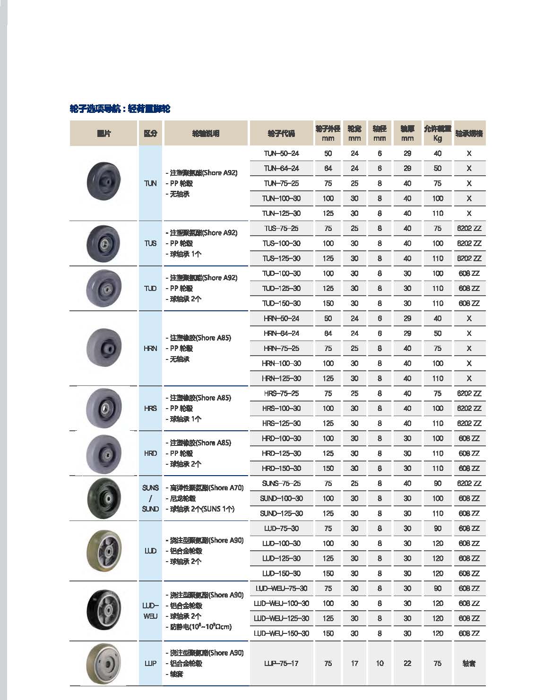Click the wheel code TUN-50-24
[281, 154]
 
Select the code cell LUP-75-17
[281, 663]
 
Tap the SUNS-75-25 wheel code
[281, 483]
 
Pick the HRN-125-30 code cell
[281, 378]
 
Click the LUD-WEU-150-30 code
[281, 633]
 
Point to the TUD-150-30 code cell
[281, 303]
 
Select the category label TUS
[150, 243]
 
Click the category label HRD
[150, 453]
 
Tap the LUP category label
[150, 663]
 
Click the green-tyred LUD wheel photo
[104, 551]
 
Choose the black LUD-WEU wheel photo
[104, 610]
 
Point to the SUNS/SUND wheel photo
[104, 498]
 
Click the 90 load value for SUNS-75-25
[438, 483]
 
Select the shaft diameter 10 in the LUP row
[380, 663]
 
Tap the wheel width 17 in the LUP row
[354, 663]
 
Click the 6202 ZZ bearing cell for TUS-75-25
[469, 228]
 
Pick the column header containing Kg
[438, 133]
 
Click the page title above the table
[120, 109]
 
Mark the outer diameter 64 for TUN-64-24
[328, 168]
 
